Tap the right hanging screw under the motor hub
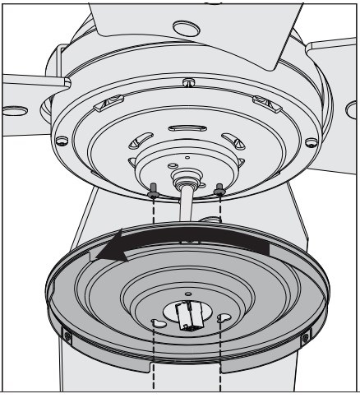(219, 191)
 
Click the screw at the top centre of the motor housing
(190, 82)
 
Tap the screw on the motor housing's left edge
(61, 141)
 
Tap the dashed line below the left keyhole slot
(156, 362)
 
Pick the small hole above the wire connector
(188, 291)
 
